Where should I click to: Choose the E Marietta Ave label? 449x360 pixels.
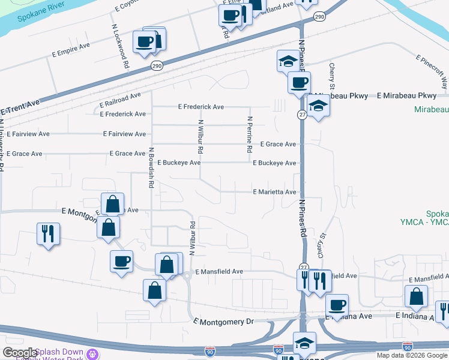click(x=274, y=192)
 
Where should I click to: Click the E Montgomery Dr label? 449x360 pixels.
click(x=223, y=322)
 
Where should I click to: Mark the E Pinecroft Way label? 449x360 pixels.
click(x=432, y=70)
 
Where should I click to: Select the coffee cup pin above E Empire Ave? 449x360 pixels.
click(x=143, y=41)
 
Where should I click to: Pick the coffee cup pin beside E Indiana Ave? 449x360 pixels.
click(x=337, y=305)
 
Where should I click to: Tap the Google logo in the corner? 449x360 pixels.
click(x=19, y=353)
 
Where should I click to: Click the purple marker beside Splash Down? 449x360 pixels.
click(x=92, y=354)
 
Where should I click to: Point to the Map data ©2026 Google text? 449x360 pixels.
click(x=412, y=355)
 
